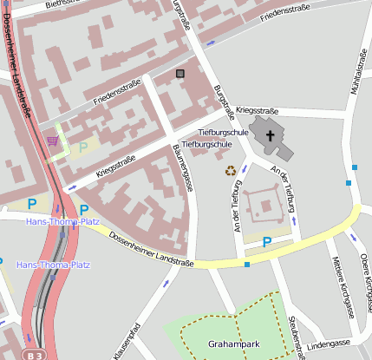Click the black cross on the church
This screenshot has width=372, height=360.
point(270,135)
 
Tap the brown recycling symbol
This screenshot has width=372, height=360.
point(231,170)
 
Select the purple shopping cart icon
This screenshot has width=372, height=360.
point(54,141)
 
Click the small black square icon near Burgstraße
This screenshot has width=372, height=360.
point(180,74)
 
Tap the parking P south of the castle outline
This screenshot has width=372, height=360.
point(267,242)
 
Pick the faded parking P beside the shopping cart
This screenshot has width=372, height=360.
point(83,147)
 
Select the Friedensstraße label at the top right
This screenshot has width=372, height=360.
point(284,14)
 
